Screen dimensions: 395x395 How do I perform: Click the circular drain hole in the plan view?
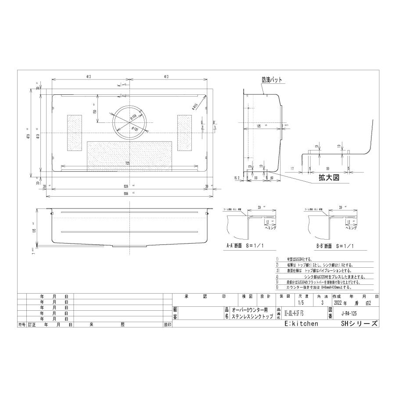tap(131, 121)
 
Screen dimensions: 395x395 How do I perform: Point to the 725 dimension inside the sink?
tap(127, 163)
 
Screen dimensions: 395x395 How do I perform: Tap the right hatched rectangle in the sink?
tap(184, 133)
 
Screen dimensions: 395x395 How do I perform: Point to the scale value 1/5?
tap(300, 303)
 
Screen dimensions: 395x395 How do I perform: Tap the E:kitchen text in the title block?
tap(301, 323)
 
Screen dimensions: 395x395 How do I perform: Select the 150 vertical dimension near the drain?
tap(95, 112)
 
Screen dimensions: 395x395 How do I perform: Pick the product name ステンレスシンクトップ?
tap(252, 316)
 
